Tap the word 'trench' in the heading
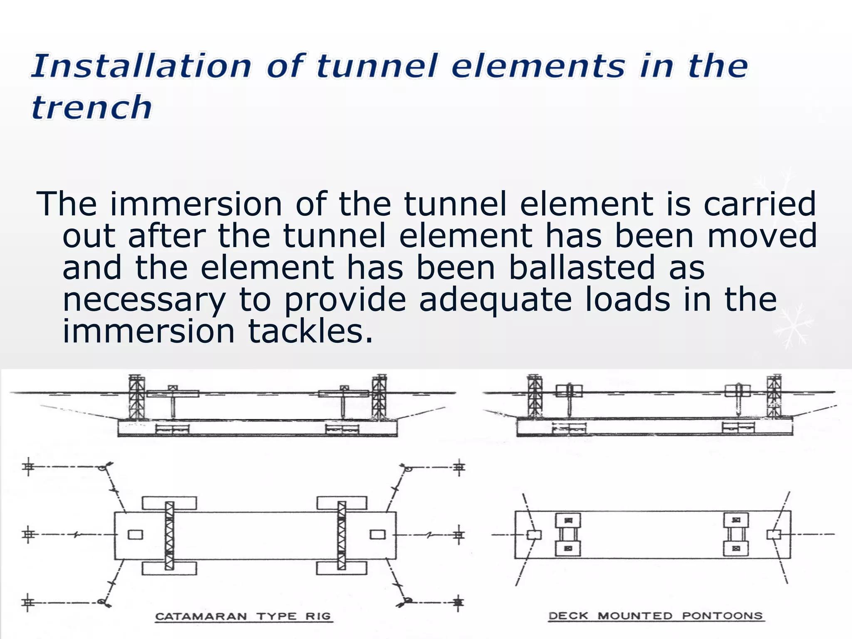[92, 107]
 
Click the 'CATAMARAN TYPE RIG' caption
[243, 616]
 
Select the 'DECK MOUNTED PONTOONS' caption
[656, 616]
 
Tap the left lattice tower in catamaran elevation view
[136, 397]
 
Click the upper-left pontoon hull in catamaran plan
[169, 503]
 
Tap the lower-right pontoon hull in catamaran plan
[342, 568]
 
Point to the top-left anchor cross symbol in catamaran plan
[28, 467]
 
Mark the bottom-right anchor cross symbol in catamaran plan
[458, 602]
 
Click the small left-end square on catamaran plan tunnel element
[135, 535]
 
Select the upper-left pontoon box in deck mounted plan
[568, 520]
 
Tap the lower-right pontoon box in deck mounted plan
[736, 548]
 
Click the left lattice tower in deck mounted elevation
[535, 396]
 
